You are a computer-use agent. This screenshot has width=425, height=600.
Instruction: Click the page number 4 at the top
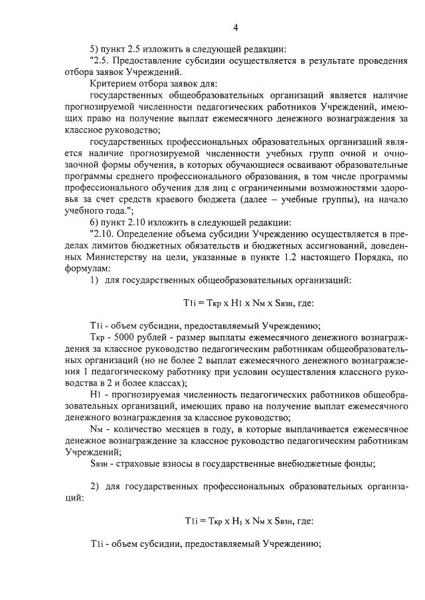pyautogui.click(x=235, y=27)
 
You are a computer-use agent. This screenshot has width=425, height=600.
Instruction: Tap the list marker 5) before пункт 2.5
pyautogui.click(x=95, y=48)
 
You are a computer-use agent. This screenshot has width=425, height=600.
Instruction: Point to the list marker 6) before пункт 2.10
pyautogui.click(x=95, y=221)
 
